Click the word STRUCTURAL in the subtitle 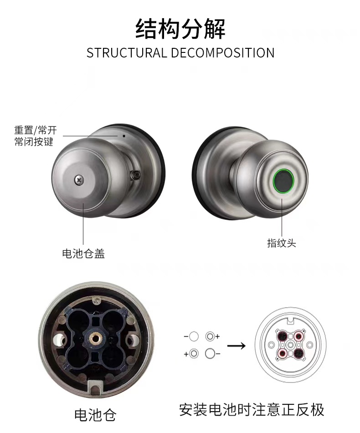tap(127, 53)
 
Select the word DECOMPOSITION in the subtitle tap(223, 53)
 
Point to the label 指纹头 tap(281, 243)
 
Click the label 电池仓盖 tap(83, 253)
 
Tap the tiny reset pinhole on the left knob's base tap(123, 135)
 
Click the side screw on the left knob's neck tap(135, 175)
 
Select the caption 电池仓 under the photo tap(95, 415)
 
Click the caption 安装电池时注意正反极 tap(252, 409)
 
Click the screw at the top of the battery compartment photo tap(96, 300)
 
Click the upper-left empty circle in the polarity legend tap(194, 336)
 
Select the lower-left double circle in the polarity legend tap(194, 353)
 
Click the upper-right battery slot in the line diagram tap(298, 336)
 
